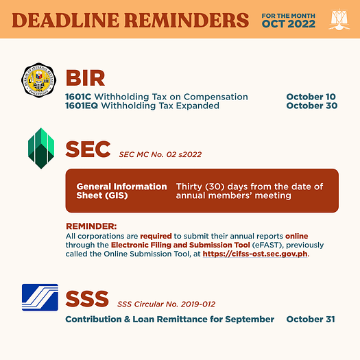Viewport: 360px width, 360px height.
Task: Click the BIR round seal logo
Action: (x=38, y=80)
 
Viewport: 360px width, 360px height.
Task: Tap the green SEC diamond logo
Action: (x=41, y=148)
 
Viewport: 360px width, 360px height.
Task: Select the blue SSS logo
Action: (x=40, y=298)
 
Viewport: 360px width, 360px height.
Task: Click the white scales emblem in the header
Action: (x=339, y=19)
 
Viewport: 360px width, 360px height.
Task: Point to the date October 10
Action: (x=311, y=97)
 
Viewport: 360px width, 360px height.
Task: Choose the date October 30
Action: (x=312, y=106)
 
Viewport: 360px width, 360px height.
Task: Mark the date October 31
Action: (x=311, y=319)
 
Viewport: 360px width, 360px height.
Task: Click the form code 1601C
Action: (x=78, y=97)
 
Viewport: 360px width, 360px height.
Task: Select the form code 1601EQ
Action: (x=82, y=106)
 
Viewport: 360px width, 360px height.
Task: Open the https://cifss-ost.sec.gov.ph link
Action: (x=255, y=254)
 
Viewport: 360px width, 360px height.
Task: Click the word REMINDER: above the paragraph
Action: (x=91, y=226)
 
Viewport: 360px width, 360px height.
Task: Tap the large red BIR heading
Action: (x=85, y=78)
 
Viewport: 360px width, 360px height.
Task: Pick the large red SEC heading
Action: (x=88, y=149)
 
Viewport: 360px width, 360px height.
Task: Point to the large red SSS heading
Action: (x=87, y=299)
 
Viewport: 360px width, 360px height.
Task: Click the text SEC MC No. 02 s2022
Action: (x=160, y=154)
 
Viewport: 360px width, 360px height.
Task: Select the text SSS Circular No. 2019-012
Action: (x=166, y=304)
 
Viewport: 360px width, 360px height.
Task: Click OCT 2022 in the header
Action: (x=289, y=24)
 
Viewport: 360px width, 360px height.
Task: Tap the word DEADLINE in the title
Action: (x=66, y=20)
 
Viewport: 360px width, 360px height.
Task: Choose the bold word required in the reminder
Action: (x=156, y=236)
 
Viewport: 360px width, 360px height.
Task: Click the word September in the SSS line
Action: (x=250, y=320)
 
